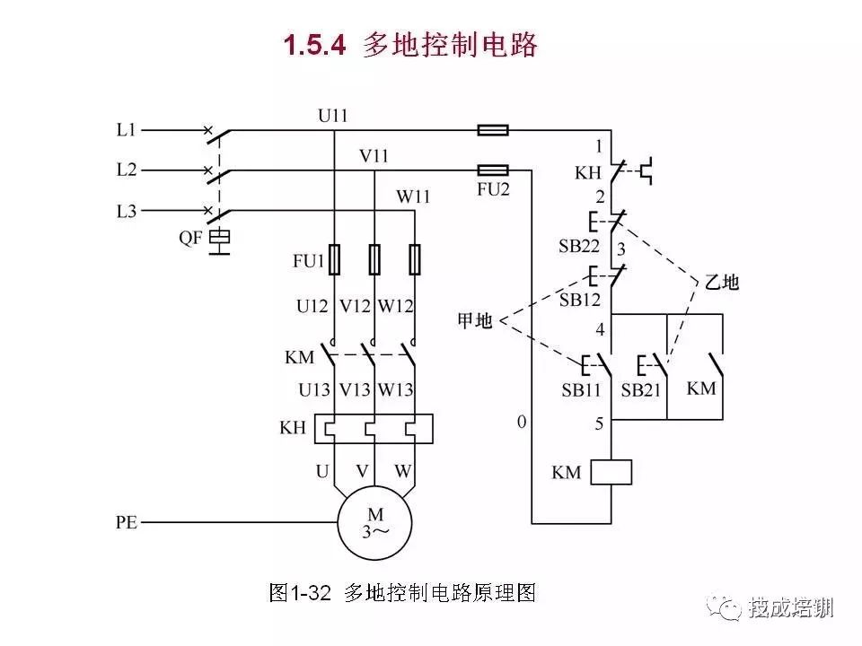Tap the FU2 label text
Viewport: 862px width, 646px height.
tap(493, 189)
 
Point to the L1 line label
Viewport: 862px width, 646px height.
tap(126, 129)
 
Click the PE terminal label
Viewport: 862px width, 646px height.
tap(127, 522)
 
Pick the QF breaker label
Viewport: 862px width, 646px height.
tap(190, 238)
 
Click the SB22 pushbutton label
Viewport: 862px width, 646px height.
tap(579, 246)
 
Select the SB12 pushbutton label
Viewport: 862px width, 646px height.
tap(580, 300)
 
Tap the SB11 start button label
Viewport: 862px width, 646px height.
tap(581, 390)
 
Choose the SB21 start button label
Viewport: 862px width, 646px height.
tap(641, 390)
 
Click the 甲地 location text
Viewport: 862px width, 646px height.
tap(475, 320)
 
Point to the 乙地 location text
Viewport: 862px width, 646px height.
tap(722, 283)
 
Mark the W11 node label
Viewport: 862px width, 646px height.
tap(413, 196)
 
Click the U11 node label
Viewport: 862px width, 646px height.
tap(332, 116)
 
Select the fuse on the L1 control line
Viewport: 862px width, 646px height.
tap(493, 130)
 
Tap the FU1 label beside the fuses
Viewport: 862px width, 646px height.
tap(308, 260)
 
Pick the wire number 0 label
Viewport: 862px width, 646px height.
tap(522, 422)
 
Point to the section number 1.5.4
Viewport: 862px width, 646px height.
tap(315, 45)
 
